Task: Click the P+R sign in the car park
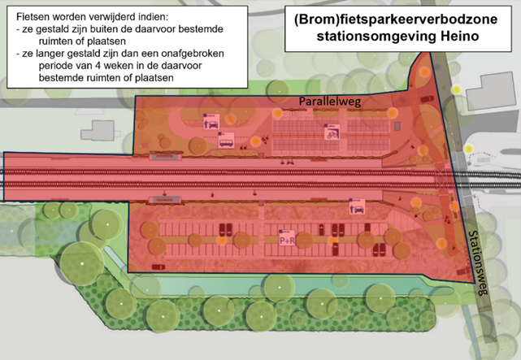[x=287, y=238]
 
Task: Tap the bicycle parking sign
[x=332, y=132]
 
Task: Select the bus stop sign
[x=226, y=140]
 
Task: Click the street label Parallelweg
[x=330, y=102]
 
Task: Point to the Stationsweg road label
[x=478, y=262]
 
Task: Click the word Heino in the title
[x=459, y=36]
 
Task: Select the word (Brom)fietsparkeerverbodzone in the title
[x=396, y=20]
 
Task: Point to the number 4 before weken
[x=98, y=66]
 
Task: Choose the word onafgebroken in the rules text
[x=195, y=54]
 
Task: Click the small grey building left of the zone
[x=98, y=131]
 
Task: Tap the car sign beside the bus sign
[x=211, y=122]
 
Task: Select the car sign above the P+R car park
[x=357, y=206]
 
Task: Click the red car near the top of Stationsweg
[x=427, y=99]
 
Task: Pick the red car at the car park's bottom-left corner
[x=158, y=267]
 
